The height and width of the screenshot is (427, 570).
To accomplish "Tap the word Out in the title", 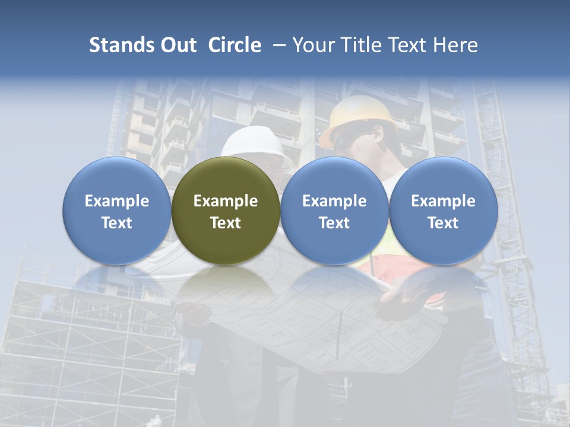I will [x=177, y=45].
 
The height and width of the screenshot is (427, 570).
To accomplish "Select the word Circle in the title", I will [x=235, y=45].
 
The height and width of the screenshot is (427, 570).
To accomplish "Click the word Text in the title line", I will [x=407, y=45].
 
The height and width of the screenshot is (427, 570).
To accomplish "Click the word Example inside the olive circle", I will [x=226, y=201].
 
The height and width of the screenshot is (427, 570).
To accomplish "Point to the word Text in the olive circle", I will [x=226, y=223].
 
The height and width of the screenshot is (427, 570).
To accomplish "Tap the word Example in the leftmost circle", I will [x=117, y=201].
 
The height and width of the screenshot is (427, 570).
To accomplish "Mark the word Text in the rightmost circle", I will [x=443, y=223].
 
